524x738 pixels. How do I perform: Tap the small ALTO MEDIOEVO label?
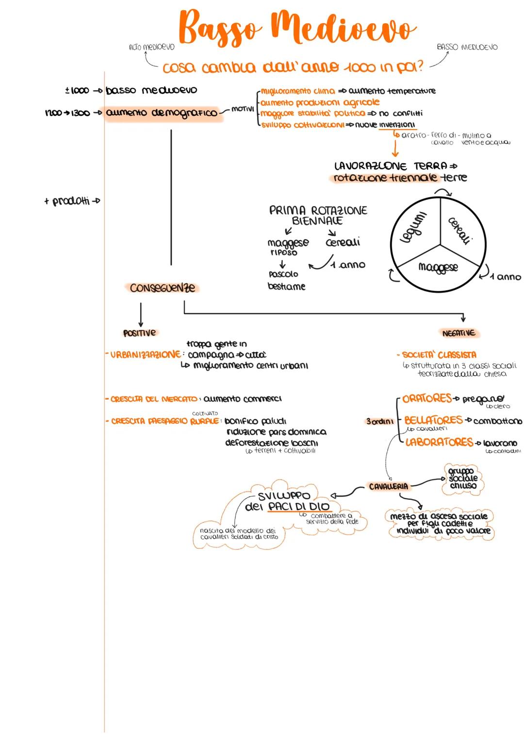(152, 47)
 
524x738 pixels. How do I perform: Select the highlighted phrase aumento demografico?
(161, 113)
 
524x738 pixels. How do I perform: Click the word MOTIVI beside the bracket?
(243, 109)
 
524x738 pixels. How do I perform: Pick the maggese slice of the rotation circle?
(438, 267)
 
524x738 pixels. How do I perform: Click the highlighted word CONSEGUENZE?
(162, 288)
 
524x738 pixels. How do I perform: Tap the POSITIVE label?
(140, 333)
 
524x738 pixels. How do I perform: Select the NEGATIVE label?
(458, 333)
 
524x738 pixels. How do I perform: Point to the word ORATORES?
(427, 399)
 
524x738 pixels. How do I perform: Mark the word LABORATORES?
(439, 442)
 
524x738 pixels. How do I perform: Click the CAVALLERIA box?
(389, 486)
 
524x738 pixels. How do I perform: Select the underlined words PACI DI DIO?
(298, 507)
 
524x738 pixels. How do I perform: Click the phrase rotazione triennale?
(385, 178)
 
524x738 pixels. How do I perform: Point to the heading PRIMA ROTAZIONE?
(318, 210)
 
